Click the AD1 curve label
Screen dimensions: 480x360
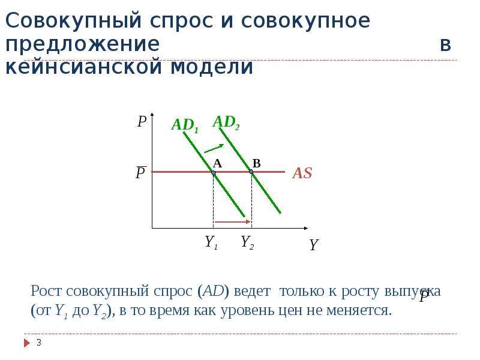185,125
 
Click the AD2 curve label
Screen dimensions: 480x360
226,122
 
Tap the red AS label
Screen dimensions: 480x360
302,173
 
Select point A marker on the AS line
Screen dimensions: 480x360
214,173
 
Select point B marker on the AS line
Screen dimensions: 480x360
251,172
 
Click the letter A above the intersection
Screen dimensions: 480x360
217,163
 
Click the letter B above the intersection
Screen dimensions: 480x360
257,163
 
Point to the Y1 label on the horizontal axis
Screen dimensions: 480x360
211,242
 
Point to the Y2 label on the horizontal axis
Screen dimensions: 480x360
247,242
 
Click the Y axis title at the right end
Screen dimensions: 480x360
314,245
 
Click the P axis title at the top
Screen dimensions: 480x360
142,122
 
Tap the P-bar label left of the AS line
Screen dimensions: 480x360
141,173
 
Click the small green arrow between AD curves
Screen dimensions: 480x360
214,148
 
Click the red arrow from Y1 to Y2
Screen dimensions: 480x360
233,221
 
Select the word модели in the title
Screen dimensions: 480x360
212,67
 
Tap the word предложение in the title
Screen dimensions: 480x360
83,44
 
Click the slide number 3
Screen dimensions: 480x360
39,343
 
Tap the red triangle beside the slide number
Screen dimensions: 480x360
27,343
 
